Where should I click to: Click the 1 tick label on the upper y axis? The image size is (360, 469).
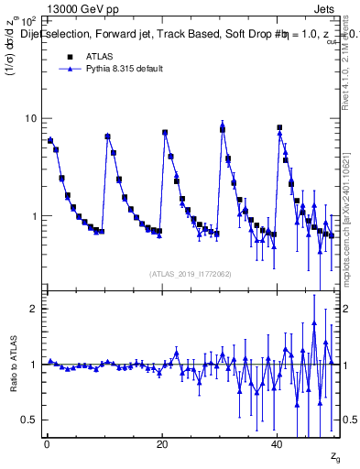pyautogui.click(x=36, y=217)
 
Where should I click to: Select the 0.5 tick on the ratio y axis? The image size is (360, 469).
pyautogui.click(x=30, y=420)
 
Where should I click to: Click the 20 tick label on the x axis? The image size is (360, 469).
pyautogui.click(x=162, y=444)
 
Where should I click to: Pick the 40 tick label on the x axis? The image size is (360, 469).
pyautogui.click(x=277, y=444)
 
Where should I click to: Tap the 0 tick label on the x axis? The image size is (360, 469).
pyautogui.click(x=47, y=444)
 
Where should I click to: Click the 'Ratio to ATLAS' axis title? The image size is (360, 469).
pyautogui.click(x=11, y=377)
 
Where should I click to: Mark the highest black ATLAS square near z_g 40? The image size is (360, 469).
pyautogui.click(x=279, y=127)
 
